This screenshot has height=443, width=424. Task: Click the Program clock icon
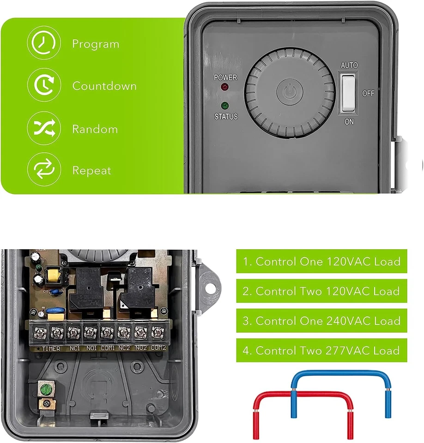click(x=43, y=43)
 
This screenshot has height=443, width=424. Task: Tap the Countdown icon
click(x=43, y=85)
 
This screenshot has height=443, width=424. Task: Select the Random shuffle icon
click(x=43, y=128)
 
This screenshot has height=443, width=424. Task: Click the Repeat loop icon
click(x=43, y=170)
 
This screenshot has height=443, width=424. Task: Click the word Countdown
click(x=104, y=86)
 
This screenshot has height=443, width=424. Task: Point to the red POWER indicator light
click(x=225, y=87)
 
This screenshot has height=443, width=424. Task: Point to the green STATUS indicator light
click(x=225, y=105)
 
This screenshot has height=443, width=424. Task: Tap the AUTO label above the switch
click(x=349, y=66)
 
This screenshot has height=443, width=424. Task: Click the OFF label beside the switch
click(x=368, y=93)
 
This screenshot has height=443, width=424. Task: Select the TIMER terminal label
click(x=51, y=348)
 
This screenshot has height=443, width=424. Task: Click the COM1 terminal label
click(x=107, y=348)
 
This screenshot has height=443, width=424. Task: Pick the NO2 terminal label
click(x=141, y=348)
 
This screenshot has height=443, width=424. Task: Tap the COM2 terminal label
click(x=158, y=347)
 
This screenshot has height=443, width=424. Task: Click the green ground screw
click(x=45, y=390)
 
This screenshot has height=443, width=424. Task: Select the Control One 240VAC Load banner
click(x=321, y=321)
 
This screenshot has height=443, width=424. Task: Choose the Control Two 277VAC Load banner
click(x=321, y=350)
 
